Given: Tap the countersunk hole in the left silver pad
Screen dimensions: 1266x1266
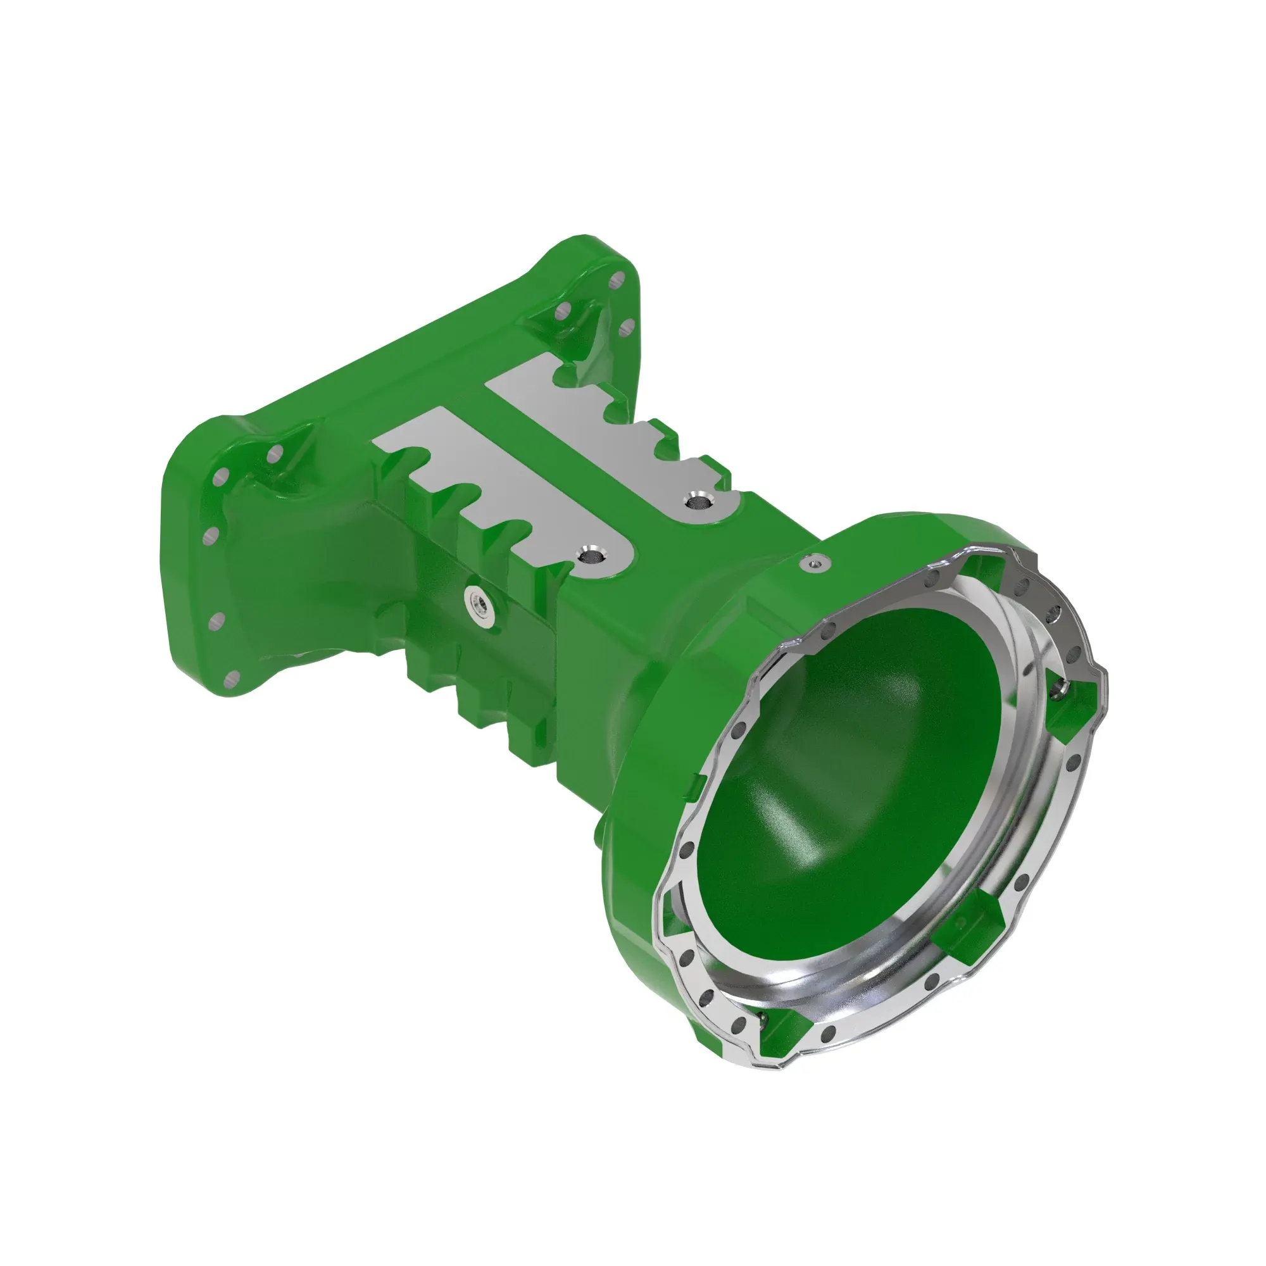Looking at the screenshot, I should pyautogui.click(x=589, y=556).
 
